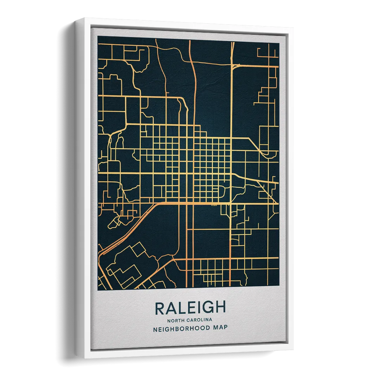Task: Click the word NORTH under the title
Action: point(175,320)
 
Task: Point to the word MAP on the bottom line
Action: point(220,328)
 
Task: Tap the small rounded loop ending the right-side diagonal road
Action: point(270,154)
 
